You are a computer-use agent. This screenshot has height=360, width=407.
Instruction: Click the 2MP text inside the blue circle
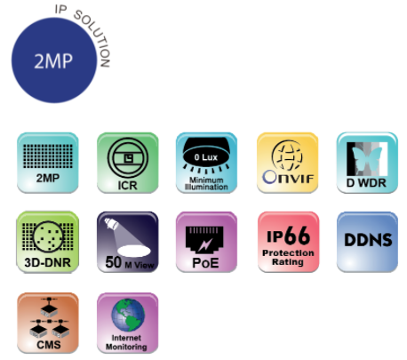(x=53, y=61)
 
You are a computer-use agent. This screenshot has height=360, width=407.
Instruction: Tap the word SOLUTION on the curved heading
(x=95, y=36)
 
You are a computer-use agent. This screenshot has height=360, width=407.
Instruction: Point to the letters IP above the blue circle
(x=60, y=10)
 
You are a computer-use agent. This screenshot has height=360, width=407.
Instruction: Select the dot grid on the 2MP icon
(x=48, y=156)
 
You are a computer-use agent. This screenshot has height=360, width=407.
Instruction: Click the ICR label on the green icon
(x=127, y=186)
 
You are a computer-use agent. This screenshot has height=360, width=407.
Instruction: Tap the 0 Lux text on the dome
(x=206, y=157)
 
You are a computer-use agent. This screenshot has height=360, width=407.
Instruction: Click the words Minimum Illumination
(x=206, y=183)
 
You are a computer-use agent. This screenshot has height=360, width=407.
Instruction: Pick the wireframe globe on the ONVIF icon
(x=287, y=156)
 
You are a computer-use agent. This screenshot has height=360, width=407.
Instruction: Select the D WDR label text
(x=366, y=183)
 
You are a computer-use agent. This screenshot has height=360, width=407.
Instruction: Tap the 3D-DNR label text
(x=48, y=262)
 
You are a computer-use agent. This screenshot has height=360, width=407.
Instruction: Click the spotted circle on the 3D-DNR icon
(x=48, y=236)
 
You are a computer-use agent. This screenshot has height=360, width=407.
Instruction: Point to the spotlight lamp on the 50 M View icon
(x=111, y=224)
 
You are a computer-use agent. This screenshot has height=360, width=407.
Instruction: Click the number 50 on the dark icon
(x=114, y=262)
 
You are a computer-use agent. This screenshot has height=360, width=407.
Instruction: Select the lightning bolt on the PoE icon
(x=205, y=244)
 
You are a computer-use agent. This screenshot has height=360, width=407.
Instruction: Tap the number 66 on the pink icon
(x=298, y=236)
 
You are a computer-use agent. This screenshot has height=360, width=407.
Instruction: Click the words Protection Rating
(x=288, y=258)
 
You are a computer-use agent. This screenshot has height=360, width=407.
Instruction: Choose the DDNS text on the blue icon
(x=368, y=240)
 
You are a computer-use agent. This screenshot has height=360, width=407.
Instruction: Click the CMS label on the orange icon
(x=49, y=345)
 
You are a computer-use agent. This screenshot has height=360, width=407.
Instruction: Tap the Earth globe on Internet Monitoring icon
(x=128, y=315)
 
